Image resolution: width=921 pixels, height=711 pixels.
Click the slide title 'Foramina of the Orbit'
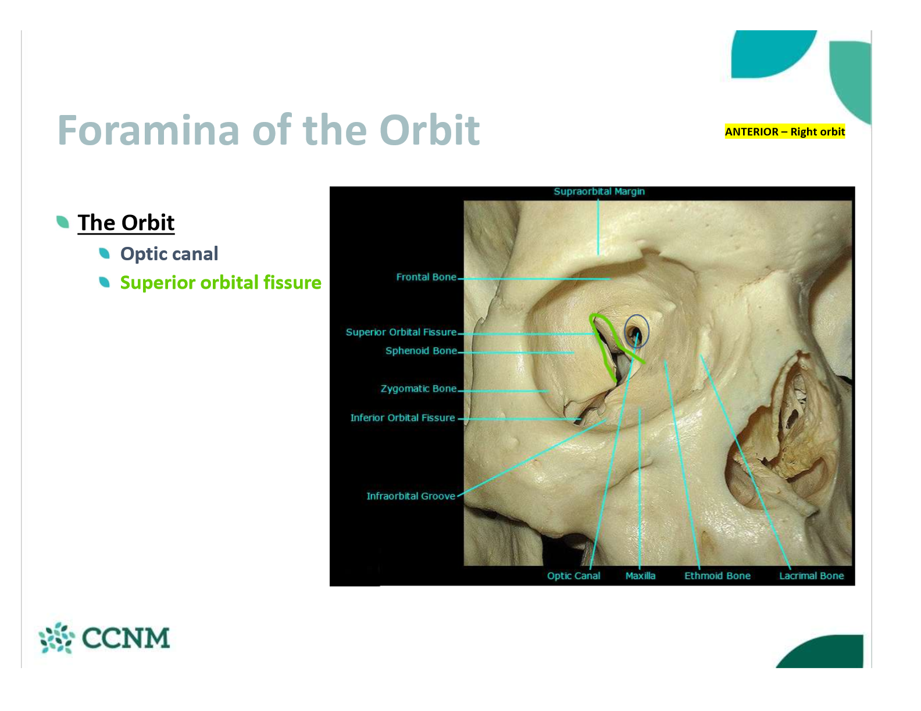click(268, 130)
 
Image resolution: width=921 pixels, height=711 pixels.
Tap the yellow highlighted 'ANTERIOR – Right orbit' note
click(784, 132)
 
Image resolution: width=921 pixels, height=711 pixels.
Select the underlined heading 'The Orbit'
click(126, 222)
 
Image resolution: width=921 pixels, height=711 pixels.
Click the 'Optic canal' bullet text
click(169, 254)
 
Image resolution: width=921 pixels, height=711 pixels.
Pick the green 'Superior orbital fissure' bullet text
click(221, 282)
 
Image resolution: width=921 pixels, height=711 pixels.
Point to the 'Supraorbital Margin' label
click(599, 192)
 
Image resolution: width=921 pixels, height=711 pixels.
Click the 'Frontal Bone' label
click(426, 277)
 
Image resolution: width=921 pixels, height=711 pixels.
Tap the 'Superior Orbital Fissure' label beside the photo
click(401, 332)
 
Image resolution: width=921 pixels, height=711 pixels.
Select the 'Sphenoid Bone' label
click(421, 351)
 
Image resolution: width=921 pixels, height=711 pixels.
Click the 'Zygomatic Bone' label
click(418, 389)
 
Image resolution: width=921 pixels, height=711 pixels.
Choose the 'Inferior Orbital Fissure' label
click(402, 418)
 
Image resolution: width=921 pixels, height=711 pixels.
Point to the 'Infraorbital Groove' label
click(410, 496)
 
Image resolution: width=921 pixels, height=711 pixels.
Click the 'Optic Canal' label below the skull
click(573, 576)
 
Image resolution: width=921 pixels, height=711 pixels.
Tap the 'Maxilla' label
click(640, 576)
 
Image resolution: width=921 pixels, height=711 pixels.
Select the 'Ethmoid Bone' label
click(717, 576)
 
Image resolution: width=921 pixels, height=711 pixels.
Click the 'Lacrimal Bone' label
click(811, 576)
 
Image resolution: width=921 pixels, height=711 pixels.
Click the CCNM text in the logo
click(126, 638)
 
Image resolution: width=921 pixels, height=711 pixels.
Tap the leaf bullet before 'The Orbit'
click(63, 221)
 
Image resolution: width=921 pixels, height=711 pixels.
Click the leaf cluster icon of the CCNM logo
click(56, 637)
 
